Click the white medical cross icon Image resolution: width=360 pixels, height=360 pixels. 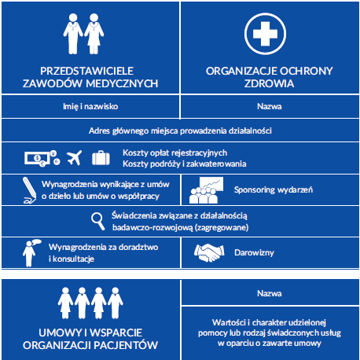tap(265, 34)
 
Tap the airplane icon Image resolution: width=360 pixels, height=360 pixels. tap(74, 158)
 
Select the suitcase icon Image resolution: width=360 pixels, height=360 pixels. tap(101, 158)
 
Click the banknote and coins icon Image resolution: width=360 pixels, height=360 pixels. tap(42, 158)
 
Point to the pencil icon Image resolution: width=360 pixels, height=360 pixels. tap(29, 190)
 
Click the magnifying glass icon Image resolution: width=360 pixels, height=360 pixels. tap(98, 222)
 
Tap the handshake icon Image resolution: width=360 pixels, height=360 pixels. tap(209, 252)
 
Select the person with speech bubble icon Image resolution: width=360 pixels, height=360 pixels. tap(31, 253)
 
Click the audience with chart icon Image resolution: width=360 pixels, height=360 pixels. tap(207, 190)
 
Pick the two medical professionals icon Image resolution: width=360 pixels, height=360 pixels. tap(83, 34)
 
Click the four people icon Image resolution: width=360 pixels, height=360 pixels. tap(90, 303)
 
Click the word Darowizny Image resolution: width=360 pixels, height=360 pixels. tap(254, 252)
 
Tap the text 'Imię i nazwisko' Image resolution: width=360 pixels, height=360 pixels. tap(90, 106)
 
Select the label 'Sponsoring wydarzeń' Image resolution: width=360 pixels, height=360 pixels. tap(274, 189)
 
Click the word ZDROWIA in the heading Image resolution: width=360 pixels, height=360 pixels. tap(269, 83)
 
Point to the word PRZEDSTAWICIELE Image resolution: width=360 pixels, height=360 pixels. tap(86, 71)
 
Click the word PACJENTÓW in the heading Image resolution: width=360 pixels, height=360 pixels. tap(126, 345)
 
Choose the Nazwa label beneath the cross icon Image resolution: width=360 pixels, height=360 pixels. tap(270, 106)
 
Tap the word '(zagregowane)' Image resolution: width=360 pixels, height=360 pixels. tap(222, 227)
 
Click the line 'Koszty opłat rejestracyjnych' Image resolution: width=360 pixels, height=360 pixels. tap(174, 152)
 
